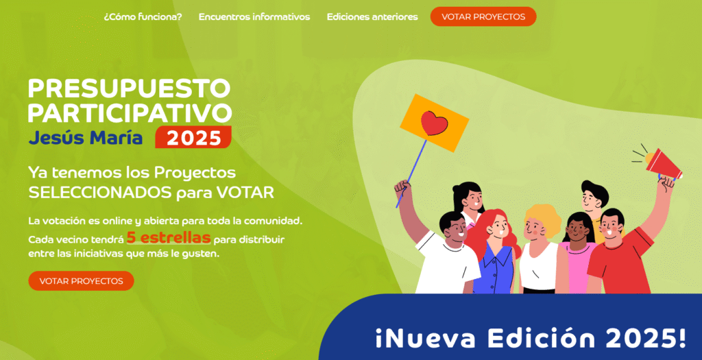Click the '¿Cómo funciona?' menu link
[143, 17]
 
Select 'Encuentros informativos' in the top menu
[254, 17]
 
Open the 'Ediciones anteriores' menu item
[372, 17]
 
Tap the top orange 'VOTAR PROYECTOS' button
[483, 16]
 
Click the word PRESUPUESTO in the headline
[129, 88]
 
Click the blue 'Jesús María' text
[86, 137]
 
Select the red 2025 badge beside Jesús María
[193, 137]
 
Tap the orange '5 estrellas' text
[169, 237]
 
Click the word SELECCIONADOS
[100, 193]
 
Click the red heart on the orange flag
[434, 123]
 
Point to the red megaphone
[663, 164]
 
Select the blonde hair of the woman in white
[543, 219]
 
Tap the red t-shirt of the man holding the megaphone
[620, 261]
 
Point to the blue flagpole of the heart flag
[412, 173]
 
